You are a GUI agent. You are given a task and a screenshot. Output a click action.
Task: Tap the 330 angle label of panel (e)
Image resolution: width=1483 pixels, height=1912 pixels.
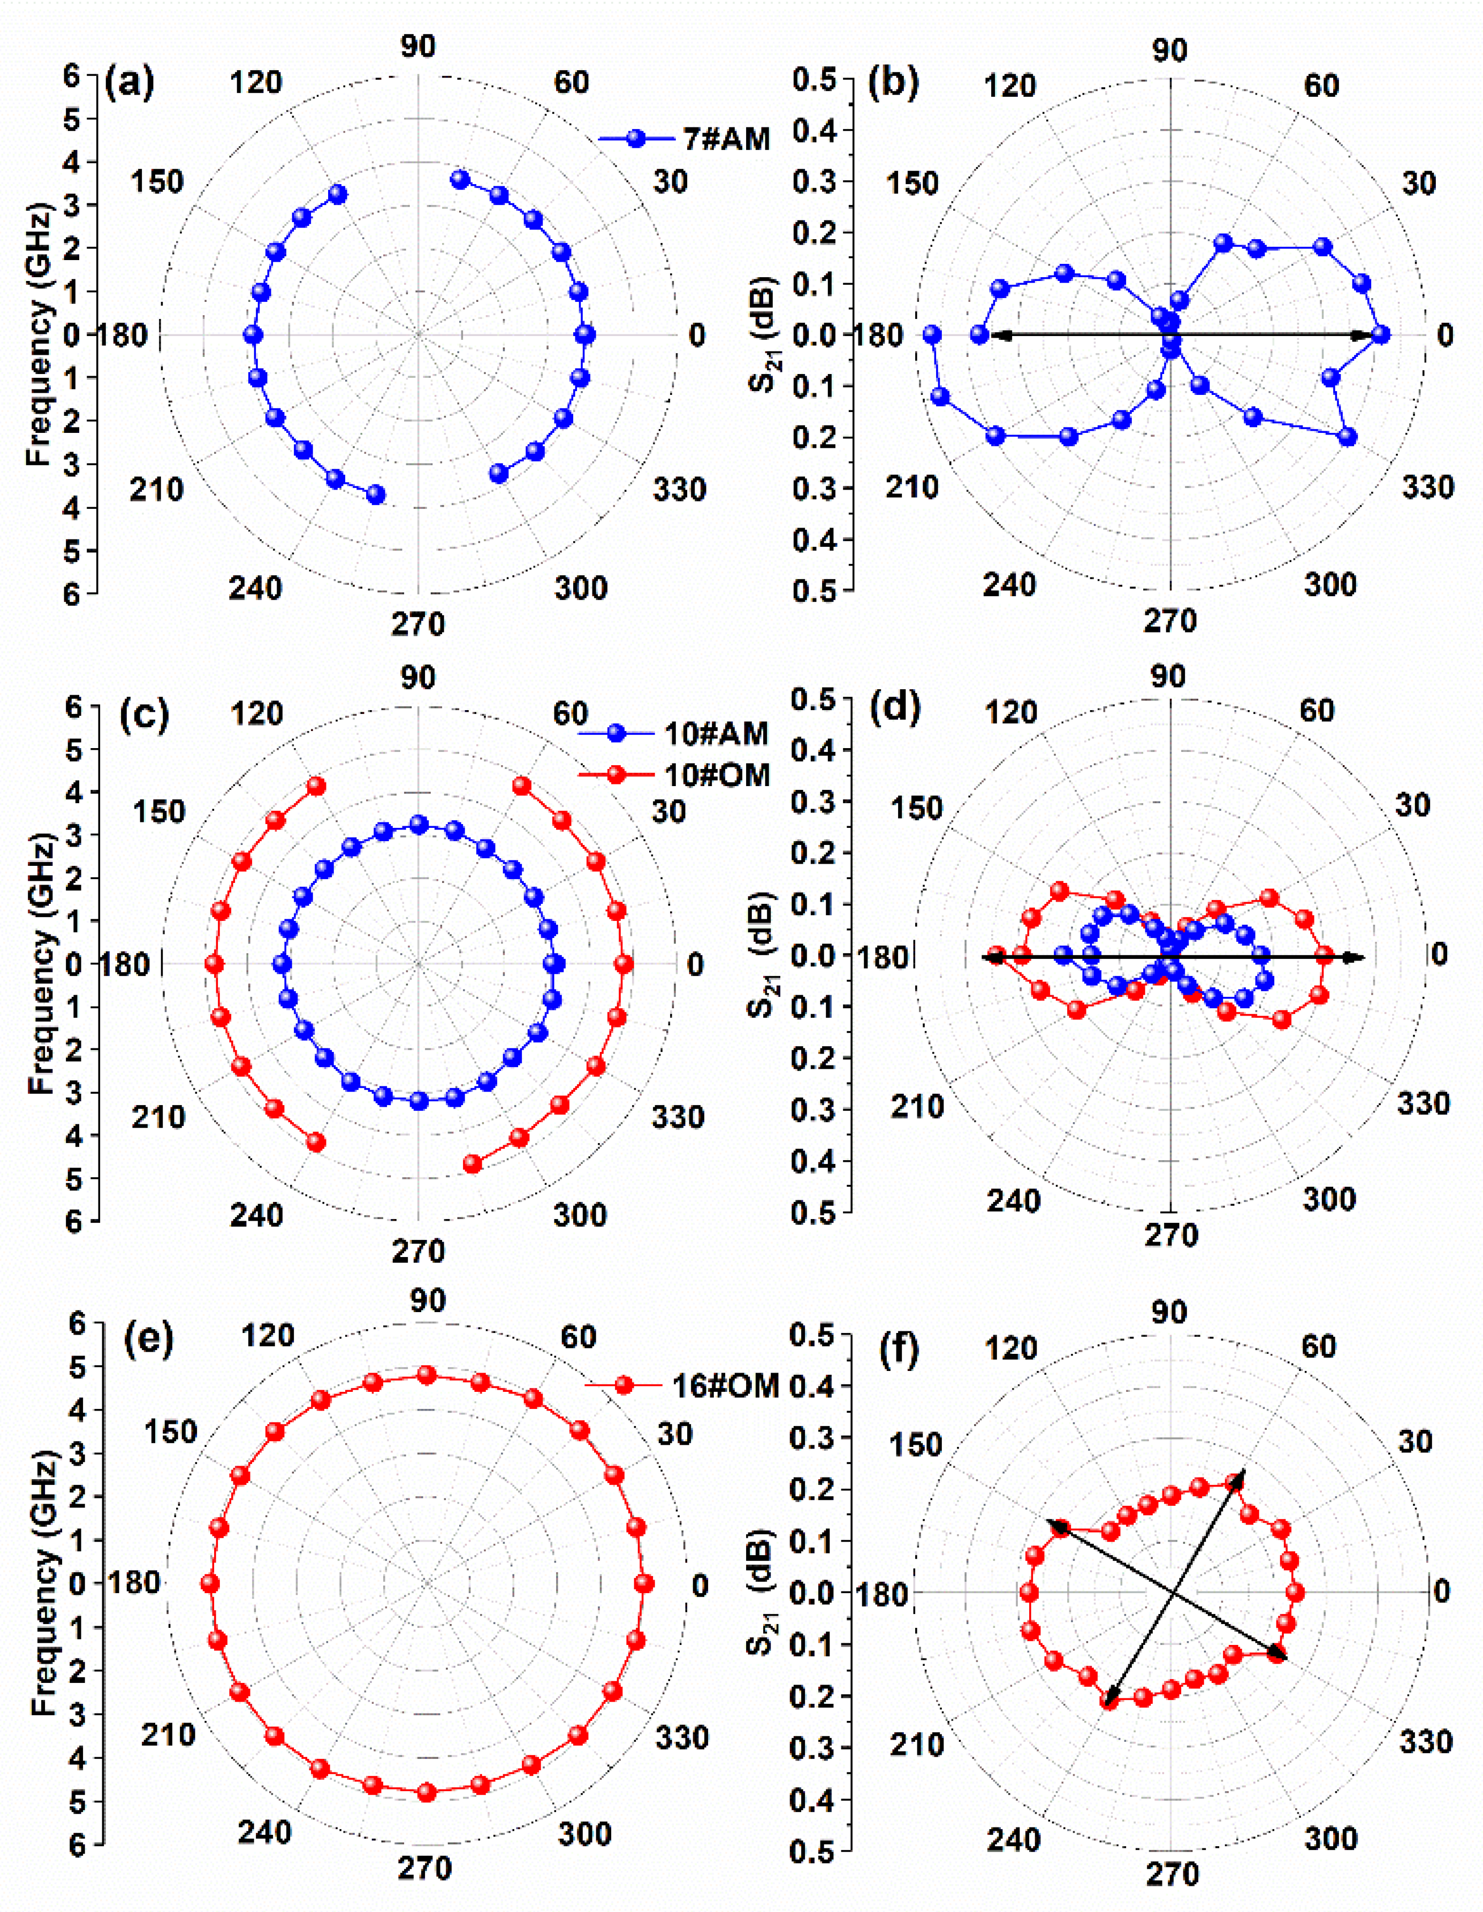coord(680,1737)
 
